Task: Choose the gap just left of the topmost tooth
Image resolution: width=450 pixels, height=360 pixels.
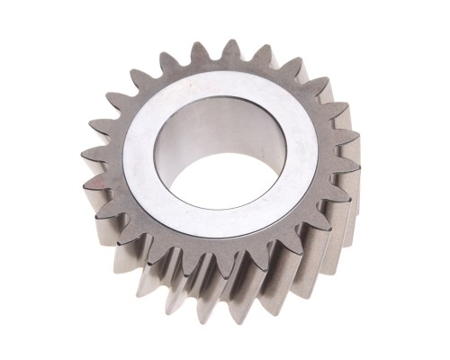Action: (216, 59)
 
